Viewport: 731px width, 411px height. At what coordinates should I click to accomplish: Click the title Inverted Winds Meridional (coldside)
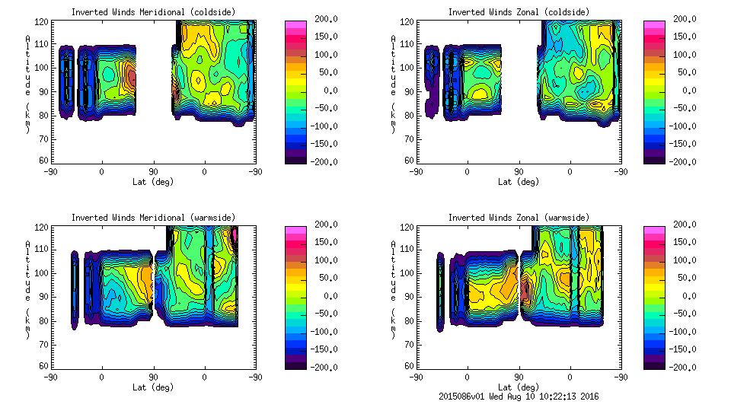click(153, 12)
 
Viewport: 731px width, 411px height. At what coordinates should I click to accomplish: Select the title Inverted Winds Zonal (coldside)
click(519, 12)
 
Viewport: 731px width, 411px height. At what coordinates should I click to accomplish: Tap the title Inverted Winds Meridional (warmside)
click(153, 218)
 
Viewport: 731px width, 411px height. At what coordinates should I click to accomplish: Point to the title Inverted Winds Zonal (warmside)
click(519, 218)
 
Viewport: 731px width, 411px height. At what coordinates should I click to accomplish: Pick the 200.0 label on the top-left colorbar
click(327, 20)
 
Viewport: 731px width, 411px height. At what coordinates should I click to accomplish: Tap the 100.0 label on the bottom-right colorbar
click(686, 260)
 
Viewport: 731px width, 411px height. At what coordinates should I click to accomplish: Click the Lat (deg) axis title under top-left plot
click(154, 182)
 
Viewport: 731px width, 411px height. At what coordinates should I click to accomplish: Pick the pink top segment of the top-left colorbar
click(295, 25)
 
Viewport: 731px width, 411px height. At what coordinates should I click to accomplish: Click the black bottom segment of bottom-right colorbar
click(653, 364)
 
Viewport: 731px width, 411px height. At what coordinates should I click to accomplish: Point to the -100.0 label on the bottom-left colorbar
click(327, 331)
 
